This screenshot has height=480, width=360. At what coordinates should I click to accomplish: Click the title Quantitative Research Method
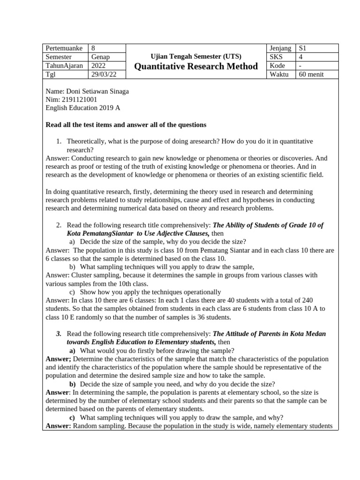coord(196,67)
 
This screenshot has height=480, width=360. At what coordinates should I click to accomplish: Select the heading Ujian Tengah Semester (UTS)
coord(196,56)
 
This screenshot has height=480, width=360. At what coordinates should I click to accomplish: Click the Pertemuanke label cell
coord(65,48)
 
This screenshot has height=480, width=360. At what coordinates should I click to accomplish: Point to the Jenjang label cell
coord(281,48)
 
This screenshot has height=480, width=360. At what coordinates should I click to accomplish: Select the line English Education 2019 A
coord(83,108)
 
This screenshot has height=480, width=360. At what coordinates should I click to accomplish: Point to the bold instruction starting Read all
coord(126,125)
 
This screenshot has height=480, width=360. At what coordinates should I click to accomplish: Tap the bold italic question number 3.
coord(59,333)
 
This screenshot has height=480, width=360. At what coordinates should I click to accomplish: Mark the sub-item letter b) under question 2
coord(73,267)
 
